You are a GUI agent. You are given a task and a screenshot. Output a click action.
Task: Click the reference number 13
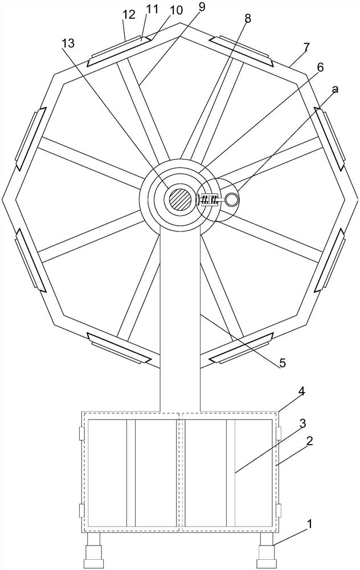coord(68,43)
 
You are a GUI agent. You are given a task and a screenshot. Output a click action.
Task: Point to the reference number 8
coord(247,18)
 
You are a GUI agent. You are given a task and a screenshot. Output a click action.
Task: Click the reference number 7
coord(306,47)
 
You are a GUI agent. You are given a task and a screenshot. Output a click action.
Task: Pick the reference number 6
coord(320,67)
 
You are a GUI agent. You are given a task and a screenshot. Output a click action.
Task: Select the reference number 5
coord(283,363)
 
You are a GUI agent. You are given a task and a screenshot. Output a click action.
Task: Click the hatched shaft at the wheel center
coord(180,200)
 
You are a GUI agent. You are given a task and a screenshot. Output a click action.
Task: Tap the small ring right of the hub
coord(232,199)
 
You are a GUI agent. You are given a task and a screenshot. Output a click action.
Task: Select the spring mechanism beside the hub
coord(208,199)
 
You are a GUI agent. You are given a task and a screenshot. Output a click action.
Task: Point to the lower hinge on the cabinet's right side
coord(279,510)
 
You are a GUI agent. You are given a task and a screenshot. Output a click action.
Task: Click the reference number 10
coord(177,10)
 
